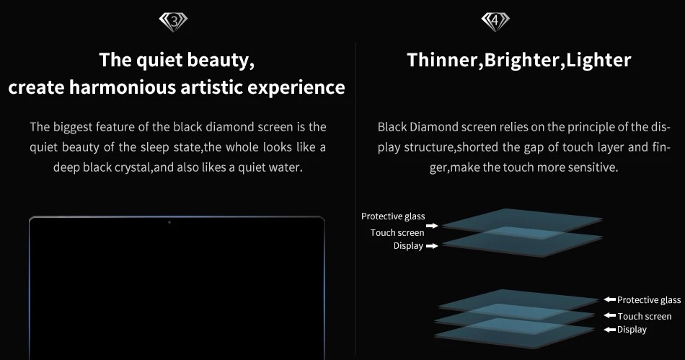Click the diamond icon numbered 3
coord(174,22)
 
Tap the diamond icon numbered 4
coord(495,22)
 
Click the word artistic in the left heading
coord(211,87)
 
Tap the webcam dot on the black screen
coord(169,222)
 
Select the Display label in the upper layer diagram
coord(408,246)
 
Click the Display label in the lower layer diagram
coord(632,330)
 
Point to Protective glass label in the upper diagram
coord(393,216)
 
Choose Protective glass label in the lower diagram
coord(649,299)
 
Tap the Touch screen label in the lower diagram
coord(645,316)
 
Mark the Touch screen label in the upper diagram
coord(397,232)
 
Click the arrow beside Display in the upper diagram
coord(432,246)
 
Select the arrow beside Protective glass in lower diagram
coord(610,299)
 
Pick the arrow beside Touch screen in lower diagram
coord(610,315)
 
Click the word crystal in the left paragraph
coord(133,167)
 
